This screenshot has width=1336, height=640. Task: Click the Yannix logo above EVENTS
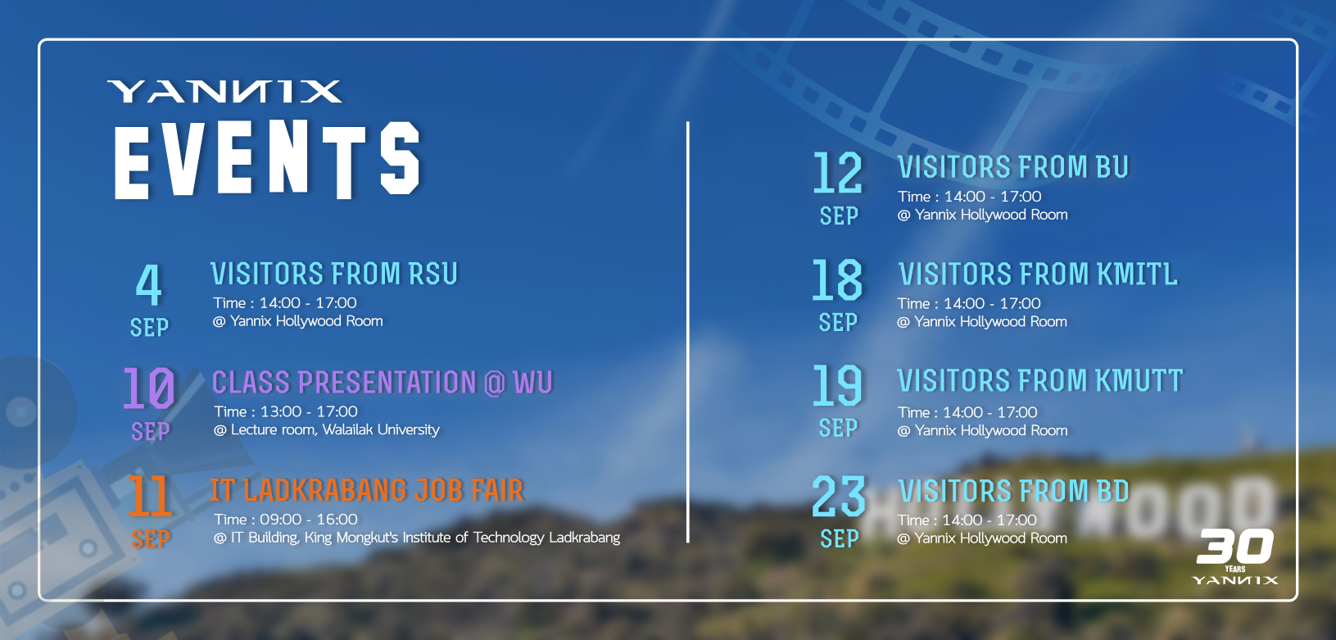225,91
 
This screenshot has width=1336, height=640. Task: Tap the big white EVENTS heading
267,159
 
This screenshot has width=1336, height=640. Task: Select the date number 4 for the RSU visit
148,285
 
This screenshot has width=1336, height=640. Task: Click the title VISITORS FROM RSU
334,274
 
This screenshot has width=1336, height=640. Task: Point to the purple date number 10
149,388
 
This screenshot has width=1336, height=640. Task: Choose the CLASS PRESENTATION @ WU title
383,383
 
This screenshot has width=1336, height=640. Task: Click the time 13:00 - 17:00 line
286,411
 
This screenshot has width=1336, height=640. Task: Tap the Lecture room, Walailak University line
327,429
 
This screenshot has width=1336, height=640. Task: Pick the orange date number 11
150,497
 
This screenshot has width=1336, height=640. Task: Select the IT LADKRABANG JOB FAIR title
367,490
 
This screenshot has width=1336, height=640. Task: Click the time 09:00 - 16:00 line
286,520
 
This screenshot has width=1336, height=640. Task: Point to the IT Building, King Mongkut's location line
417,538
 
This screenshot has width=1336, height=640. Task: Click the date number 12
838,172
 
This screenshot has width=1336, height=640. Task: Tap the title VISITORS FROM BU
1013,167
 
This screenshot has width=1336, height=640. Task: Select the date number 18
837,279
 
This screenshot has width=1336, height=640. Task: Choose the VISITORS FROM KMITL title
1039,275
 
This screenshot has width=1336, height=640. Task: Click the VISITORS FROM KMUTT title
1040,380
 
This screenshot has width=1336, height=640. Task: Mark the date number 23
838,496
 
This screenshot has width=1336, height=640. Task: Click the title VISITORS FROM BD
1014,492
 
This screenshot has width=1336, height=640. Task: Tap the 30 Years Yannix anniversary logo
1235,556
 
